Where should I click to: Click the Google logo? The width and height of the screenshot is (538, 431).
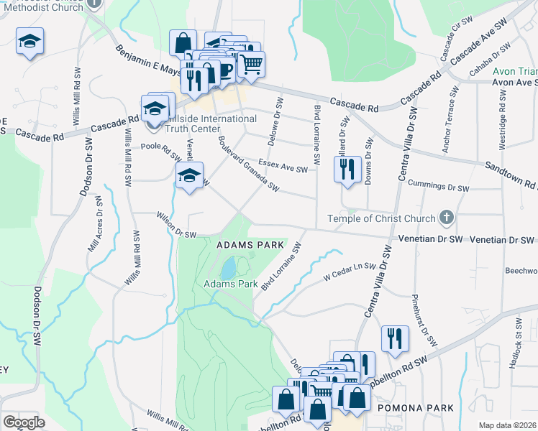pos(24,422)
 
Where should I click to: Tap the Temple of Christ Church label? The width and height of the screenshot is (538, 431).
pos(381,218)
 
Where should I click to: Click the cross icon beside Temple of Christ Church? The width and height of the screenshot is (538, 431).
pos(446,218)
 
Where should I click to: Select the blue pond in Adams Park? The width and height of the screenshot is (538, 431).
pos(228,269)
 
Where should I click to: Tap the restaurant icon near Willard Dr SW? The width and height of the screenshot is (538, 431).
pos(347,170)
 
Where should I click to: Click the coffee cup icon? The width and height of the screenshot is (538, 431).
pos(224,70)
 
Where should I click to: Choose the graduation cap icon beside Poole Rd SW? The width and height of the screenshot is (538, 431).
pos(188,176)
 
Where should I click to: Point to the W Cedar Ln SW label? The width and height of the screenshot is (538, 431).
pos(350,270)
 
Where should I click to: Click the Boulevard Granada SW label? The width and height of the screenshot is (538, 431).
pos(248,164)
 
